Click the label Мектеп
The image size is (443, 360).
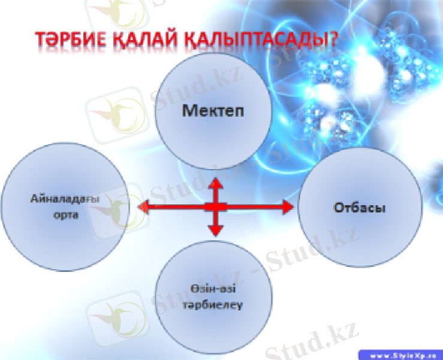[x=209, y=111]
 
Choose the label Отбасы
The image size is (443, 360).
[x=358, y=208]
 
